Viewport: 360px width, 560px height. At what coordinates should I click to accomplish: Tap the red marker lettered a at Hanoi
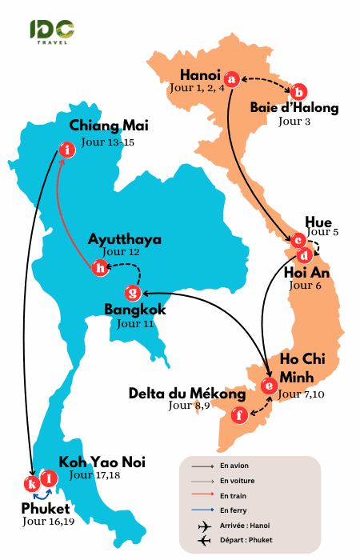coord(231,78)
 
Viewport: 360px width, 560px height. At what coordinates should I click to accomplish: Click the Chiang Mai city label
coord(109,126)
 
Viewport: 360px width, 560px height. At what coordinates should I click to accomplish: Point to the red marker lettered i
coord(68,150)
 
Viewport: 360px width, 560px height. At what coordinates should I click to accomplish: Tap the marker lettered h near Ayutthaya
coord(100,268)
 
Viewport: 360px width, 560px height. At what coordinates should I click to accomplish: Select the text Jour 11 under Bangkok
coord(134,324)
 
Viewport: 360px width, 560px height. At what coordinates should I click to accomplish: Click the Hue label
coord(318,222)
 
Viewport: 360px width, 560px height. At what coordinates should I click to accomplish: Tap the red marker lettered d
coord(304,255)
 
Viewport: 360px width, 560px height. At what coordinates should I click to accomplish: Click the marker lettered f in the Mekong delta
coord(238,415)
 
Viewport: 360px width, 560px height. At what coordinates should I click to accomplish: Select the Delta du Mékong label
coord(187,394)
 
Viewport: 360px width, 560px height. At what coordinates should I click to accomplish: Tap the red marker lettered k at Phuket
coord(32,484)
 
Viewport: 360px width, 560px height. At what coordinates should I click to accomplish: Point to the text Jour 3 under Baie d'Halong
coord(294,122)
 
